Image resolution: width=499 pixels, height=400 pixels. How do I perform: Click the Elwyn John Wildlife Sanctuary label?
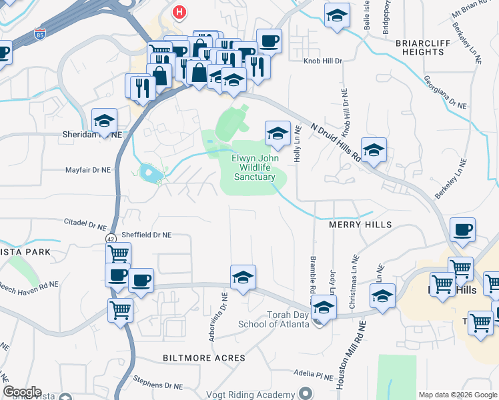254,167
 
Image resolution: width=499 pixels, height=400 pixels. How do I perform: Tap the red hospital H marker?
179,11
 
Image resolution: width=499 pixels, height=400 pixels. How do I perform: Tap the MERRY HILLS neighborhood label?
360,225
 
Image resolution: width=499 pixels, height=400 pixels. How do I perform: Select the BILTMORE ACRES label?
204,358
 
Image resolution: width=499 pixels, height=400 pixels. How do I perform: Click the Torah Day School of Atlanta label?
274,319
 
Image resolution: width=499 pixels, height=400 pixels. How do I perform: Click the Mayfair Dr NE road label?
87,170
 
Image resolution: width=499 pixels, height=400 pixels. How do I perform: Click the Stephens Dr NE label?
157,385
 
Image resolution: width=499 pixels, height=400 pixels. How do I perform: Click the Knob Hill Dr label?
324,61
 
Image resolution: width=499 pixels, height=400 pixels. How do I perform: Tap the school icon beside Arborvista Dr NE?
243,277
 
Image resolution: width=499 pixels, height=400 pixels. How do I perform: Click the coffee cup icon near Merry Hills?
462,231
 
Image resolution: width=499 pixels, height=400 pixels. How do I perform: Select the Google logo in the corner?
22,392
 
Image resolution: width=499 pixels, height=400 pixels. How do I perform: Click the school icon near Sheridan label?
105,121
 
